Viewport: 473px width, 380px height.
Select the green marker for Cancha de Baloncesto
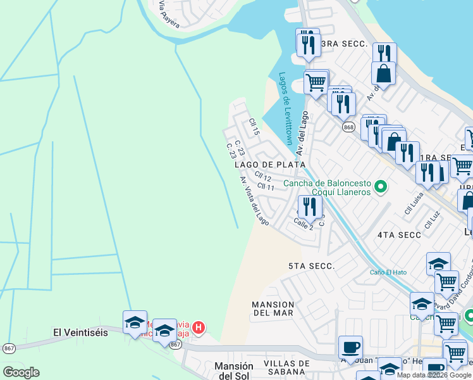(381, 186)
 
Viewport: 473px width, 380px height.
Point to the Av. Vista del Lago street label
(254, 201)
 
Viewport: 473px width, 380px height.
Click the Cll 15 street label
(254, 127)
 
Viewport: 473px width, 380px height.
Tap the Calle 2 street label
(304, 224)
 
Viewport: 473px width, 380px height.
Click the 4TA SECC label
(399, 235)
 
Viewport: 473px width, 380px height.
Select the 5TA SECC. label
(310, 266)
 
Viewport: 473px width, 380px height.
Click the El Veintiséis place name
(80, 332)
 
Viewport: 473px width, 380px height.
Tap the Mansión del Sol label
(234, 371)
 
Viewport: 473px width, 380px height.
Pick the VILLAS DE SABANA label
(286, 367)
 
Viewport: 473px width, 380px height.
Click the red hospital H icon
(199, 327)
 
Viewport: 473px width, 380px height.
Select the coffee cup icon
(350, 347)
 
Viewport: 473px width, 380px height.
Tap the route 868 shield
(348, 127)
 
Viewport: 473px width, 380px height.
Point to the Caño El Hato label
(388, 272)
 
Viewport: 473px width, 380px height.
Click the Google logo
(21, 372)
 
